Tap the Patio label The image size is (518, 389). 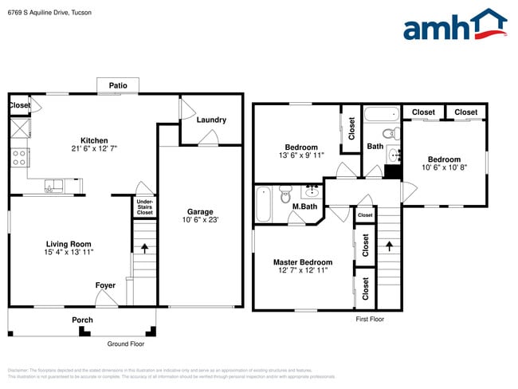click(x=118, y=84)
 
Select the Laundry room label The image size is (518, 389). click(x=211, y=120)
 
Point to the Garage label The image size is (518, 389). click(x=200, y=190)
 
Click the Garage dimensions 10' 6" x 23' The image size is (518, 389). click(x=200, y=198)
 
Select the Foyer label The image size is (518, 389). click(x=105, y=285)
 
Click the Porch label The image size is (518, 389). click(x=82, y=320)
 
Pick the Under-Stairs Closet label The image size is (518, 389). click(x=144, y=207)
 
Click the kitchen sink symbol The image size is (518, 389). click(x=54, y=187)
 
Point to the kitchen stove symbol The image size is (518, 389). click(x=19, y=157)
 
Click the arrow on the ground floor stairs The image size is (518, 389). click(x=145, y=248)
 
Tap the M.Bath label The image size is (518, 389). click(x=304, y=207)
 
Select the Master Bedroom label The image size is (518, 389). click(x=303, y=262)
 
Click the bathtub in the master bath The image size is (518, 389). click(x=264, y=203)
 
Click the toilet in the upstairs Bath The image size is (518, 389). click(x=390, y=133)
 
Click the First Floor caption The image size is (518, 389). click(x=370, y=319)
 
